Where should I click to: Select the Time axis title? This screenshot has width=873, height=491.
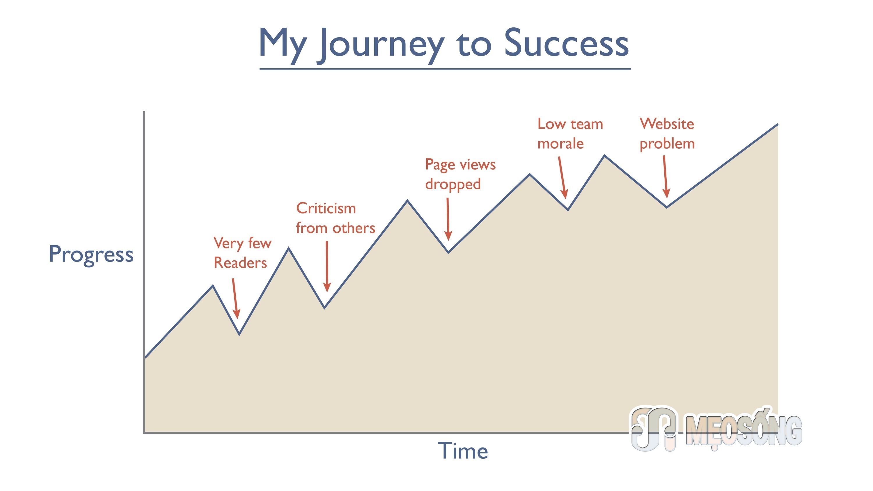pos(463,451)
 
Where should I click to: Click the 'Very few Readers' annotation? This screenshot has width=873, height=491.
pos(242,253)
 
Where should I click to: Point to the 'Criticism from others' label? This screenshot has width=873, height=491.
pos(336,218)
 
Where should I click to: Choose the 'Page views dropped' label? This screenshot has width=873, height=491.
pos(460,175)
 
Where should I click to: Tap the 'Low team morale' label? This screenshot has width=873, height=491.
pos(570,134)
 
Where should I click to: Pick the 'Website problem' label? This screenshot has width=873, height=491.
pos(667,134)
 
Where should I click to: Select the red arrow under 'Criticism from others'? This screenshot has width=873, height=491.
pos(327,266)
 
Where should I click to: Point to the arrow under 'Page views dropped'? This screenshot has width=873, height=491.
pos(448,219)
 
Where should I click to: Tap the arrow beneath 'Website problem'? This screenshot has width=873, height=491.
pos(665,177)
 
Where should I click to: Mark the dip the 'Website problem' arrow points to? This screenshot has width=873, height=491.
pos(667,207)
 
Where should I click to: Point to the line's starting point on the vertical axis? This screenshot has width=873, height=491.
pos(145,358)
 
